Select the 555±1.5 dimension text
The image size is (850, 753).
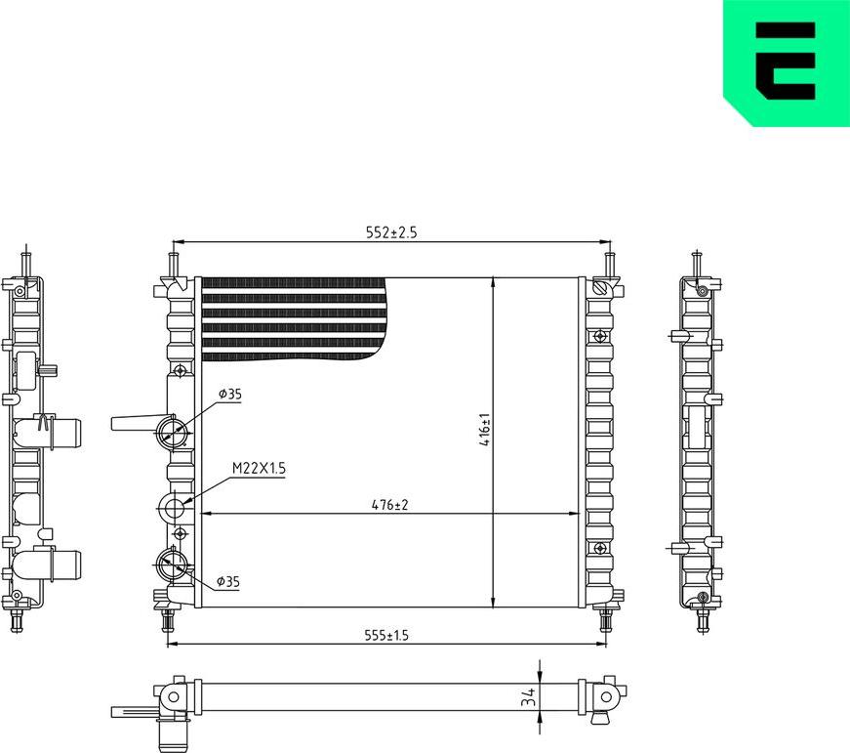[387, 636]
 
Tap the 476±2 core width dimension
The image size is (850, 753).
[388, 505]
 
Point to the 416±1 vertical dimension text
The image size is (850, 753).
[484, 430]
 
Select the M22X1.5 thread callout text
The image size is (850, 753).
[259, 469]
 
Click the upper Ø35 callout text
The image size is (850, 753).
[229, 394]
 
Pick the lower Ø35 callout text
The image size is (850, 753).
[227, 582]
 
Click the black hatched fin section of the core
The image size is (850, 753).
[293, 317]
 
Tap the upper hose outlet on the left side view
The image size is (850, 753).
[61, 431]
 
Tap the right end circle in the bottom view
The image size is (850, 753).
[606, 696]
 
